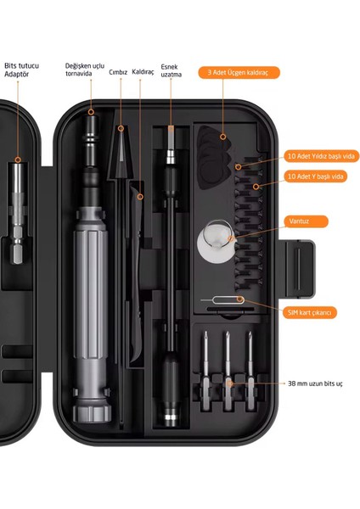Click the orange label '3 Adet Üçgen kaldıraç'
239,72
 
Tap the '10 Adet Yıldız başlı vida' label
321,156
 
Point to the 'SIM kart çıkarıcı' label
310,312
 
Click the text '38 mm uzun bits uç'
315,383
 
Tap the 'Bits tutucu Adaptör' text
21,70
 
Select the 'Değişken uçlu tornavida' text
84,70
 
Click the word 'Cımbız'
118,72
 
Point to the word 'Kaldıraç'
143,72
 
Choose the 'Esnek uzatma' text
171,70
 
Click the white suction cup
216,242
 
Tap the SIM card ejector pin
223,299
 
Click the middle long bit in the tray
228,371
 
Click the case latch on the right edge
300,269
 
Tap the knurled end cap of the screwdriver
92,411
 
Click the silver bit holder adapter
18,213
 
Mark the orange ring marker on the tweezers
121,129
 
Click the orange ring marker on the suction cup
231,239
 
